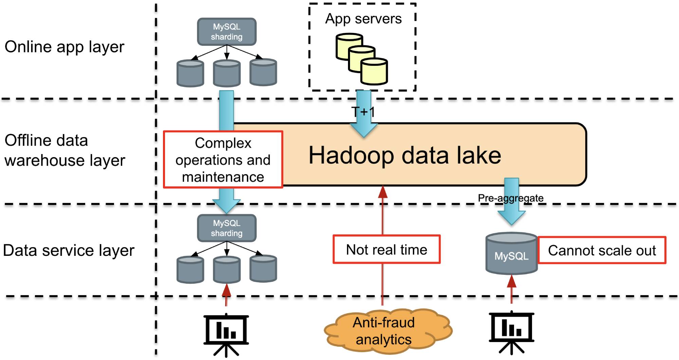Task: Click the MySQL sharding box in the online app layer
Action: [226, 32]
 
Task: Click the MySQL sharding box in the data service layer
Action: [226, 228]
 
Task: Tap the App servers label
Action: [363, 19]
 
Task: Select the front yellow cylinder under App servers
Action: [374, 72]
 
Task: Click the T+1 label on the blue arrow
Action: [363, 112]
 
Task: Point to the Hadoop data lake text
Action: [405, 155]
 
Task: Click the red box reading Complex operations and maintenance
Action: [223, 159]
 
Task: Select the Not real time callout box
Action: [386, 249]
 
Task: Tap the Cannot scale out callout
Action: [602, 250]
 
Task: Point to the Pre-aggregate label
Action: [511, 198]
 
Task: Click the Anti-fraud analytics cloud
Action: [384, 331]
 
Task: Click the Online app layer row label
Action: [65, 47]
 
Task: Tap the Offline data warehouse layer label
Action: [65, 150]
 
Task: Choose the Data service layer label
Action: [69, 250]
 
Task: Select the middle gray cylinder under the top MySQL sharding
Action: [227, 73]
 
